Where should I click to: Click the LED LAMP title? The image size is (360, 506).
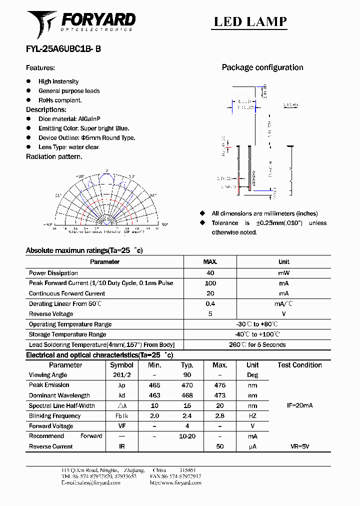point(250,21)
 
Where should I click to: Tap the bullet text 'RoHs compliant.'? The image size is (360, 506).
point(60,100)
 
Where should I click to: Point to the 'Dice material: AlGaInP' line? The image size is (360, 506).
point(69,119)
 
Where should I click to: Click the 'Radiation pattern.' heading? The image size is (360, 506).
point(54,156)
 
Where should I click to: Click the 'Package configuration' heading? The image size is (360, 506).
point(262,67)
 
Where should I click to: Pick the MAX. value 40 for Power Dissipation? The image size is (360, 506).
point(210,273)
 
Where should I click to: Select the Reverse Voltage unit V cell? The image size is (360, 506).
point(283,314)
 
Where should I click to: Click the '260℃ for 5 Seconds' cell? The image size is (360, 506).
point(257,344)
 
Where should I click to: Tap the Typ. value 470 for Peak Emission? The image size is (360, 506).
point(187,385)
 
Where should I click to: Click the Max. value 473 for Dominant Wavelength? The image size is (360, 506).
point(219,395)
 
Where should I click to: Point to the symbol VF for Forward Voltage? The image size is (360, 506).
point(121,426)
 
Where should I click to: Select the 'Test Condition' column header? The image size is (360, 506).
point(299,365)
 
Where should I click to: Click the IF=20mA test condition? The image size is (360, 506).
point(299,405)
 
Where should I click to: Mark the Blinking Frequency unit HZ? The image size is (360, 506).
point(252,416)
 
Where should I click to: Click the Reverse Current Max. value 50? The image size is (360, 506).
point(219,446)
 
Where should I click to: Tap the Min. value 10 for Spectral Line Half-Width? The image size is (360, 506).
point(154,406)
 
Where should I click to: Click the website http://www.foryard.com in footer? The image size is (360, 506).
point(175,483)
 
